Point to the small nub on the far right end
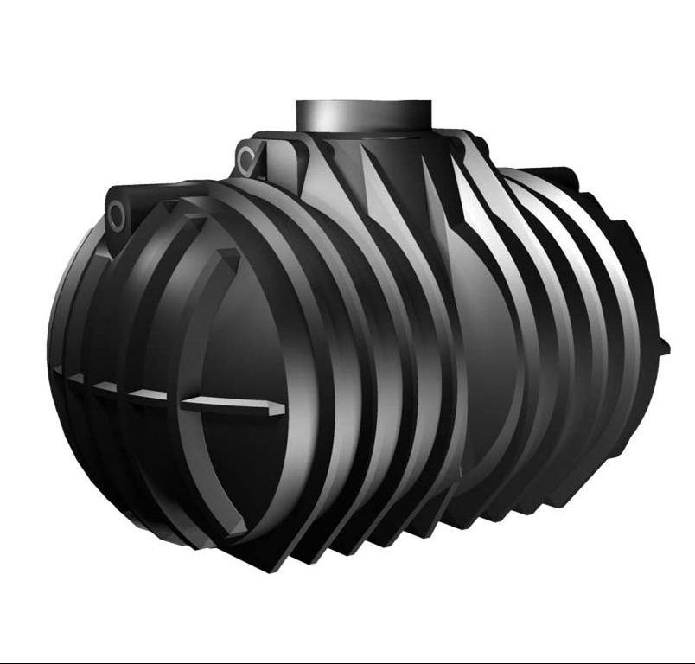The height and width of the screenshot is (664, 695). (664, 346)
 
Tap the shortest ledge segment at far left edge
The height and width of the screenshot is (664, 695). (58, 372)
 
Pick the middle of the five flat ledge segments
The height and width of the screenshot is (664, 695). (105, 388)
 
